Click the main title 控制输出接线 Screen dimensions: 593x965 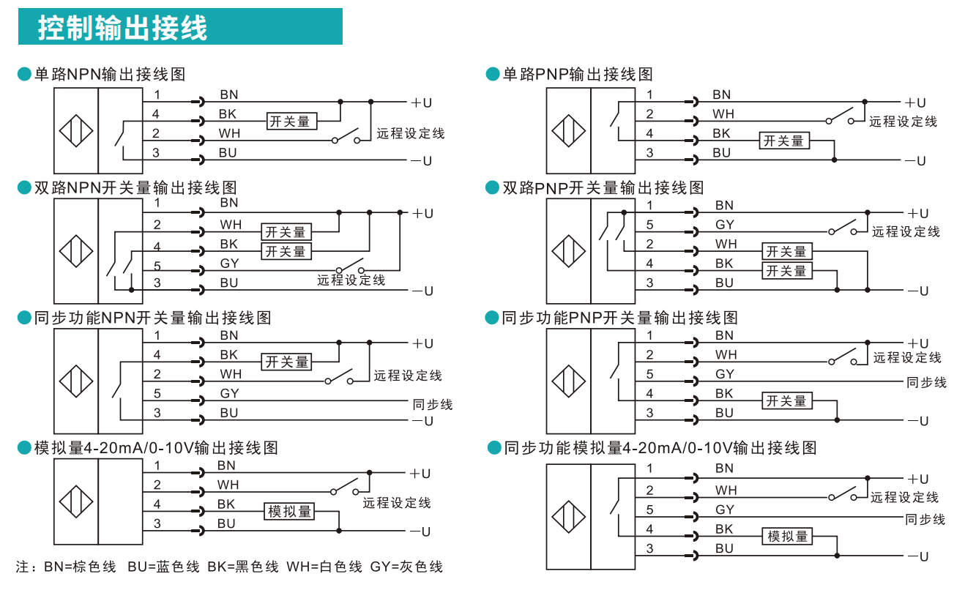123,28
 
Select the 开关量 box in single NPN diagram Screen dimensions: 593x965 290,122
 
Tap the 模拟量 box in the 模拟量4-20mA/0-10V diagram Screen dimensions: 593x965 290,511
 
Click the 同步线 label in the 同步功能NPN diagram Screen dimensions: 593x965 433,404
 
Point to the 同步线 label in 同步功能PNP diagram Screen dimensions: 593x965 926,382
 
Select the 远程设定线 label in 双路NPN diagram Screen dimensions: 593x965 351,280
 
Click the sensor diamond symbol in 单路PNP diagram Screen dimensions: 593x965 569,133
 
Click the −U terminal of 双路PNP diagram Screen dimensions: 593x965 918,291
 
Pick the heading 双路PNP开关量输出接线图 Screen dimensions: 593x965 603,188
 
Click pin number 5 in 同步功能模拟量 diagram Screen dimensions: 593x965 649,510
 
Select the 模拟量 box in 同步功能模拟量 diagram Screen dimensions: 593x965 788,536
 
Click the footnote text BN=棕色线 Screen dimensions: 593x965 80,567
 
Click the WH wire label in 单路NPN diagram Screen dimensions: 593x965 229,133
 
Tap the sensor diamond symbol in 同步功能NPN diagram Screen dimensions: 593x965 76,382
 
